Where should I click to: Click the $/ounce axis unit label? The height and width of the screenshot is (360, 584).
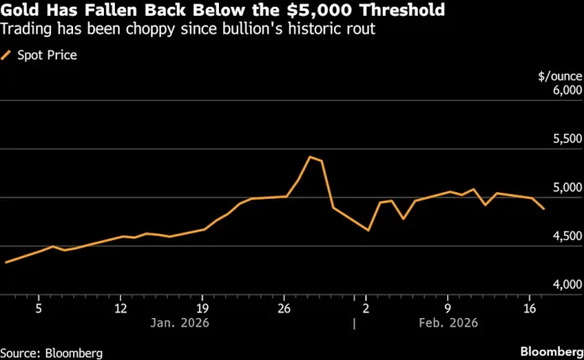(560, 76)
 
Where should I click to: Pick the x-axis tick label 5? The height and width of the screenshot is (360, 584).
(39, 308)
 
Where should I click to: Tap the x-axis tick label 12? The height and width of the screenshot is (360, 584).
(121, 308)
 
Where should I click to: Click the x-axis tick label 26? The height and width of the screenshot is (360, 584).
(284, 308)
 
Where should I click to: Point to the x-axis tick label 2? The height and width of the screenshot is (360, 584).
(366, 308)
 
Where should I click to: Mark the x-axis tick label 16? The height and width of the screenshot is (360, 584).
(529, 308)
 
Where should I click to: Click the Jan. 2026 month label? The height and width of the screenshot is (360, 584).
(180, 323)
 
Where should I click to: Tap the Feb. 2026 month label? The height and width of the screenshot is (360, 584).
(449, 323)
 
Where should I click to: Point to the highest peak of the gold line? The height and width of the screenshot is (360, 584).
(310, 157)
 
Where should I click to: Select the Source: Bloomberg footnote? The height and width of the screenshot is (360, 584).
(51, 351)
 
